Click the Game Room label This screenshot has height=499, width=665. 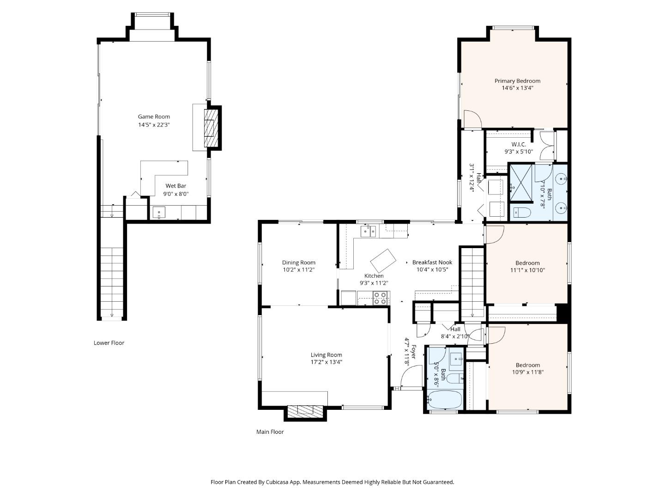154,116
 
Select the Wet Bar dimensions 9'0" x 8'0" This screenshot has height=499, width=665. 176,194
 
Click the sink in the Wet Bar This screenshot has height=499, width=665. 159,213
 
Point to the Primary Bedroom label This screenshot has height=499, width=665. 517,81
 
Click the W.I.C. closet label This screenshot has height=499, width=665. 518,145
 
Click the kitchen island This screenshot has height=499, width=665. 383,261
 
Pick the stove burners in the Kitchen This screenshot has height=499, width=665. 381,298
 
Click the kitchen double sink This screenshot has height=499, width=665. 368,231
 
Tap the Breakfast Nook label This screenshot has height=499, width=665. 432,262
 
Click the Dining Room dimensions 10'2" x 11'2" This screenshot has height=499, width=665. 299,269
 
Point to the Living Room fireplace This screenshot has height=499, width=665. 304,411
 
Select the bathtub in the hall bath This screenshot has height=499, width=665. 444,400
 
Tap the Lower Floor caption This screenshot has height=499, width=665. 109,343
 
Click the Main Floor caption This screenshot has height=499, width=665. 270,432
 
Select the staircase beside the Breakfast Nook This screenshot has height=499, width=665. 472,282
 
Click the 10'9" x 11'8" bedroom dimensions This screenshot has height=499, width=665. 527,372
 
